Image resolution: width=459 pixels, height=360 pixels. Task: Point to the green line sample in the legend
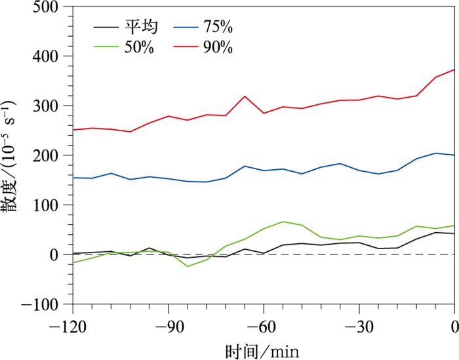click(107, 47)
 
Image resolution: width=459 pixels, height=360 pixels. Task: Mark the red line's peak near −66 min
click(245, 96)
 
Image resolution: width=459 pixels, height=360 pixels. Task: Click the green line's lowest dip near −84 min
click(188, 266)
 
